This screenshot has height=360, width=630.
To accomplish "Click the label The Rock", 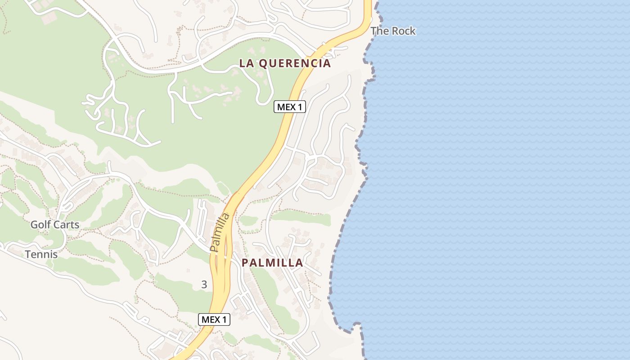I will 393,31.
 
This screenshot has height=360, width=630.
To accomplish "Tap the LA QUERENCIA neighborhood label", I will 285,63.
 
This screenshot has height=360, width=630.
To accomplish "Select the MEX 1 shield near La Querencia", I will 290,107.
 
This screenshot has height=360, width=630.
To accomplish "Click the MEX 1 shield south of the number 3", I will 214,319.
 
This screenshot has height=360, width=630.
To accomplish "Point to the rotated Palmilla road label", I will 220,232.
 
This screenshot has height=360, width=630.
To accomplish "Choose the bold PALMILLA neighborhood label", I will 272,263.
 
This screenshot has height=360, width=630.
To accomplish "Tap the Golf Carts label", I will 55,225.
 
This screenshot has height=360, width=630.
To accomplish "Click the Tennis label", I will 41,254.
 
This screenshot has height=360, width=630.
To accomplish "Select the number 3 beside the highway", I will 204,284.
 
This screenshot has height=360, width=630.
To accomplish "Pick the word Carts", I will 67,225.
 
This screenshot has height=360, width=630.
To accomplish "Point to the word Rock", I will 404,31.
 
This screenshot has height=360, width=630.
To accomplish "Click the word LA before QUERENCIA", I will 246,63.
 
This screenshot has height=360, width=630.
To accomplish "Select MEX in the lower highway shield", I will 210,319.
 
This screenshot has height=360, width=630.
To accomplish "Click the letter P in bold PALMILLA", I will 245,263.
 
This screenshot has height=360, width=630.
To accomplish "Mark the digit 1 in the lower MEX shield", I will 224,319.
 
